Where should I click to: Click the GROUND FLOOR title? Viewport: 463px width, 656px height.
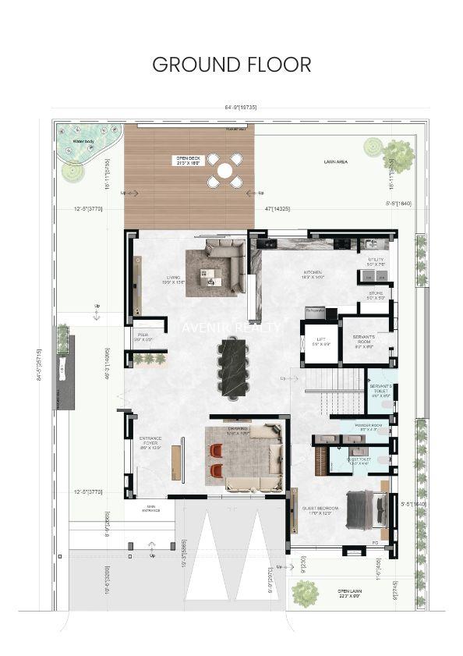231,64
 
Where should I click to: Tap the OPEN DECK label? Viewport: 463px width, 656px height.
187,161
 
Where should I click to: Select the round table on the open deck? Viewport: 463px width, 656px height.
224,169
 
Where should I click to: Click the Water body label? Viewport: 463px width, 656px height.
83,142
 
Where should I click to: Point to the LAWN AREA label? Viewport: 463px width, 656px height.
335,161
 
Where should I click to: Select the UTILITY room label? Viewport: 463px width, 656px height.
376,261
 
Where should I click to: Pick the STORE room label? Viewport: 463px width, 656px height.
376,296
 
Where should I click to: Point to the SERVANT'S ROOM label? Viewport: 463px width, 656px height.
365,342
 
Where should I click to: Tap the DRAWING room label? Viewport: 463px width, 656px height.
238,431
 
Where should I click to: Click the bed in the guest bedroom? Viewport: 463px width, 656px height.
365,509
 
